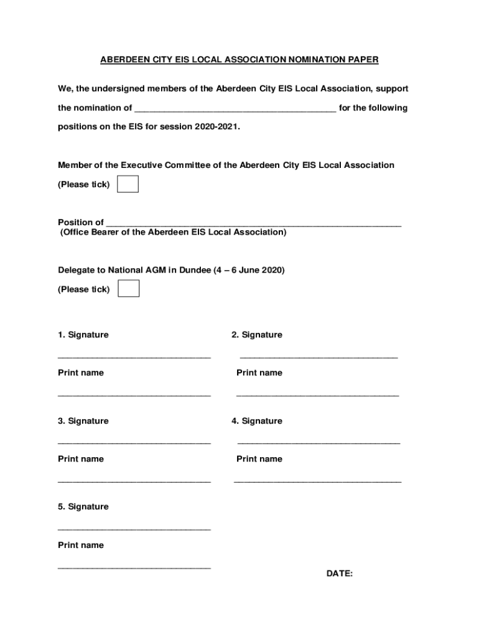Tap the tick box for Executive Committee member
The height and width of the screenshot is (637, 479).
point(128,184)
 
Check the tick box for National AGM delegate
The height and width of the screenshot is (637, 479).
point(128,289)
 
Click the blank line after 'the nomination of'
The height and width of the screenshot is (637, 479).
point(235,109)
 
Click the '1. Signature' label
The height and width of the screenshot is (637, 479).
point(83,335)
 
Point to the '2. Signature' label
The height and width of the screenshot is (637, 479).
point(257,335)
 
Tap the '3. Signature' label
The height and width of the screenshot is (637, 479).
point(83,421)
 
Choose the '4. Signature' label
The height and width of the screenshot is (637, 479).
point(257,421)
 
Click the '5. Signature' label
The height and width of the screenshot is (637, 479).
point(83,507)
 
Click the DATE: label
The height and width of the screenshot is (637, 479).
point(340,574)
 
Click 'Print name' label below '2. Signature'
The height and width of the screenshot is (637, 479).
point(259,373)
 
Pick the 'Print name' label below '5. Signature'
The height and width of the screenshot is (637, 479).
point(81,545)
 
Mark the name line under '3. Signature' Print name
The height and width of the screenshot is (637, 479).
point(134,481)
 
